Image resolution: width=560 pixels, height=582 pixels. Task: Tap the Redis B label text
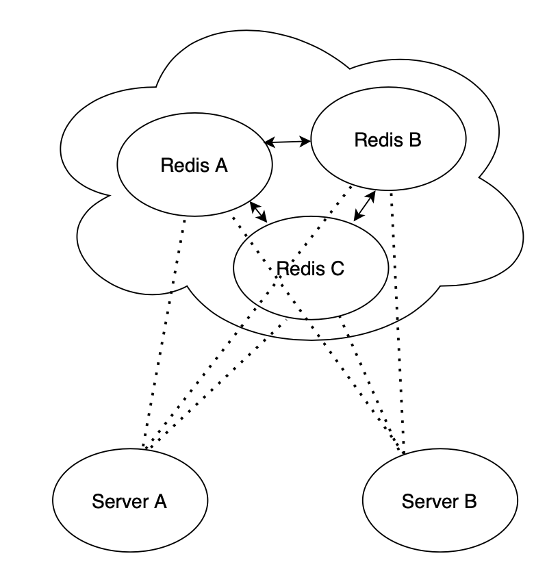tap(388, 140)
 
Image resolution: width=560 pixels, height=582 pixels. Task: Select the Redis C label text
tap(310, 268)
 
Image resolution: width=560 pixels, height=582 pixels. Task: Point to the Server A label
tap(129, 501)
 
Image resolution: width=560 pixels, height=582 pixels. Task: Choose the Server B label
tap(439, 501)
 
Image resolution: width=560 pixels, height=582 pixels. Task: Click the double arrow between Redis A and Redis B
tap(288, 142)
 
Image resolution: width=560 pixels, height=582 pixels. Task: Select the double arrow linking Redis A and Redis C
tap(259, 212)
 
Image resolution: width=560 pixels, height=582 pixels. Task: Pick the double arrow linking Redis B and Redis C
tap(365, 205)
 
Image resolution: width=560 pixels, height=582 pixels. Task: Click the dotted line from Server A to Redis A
tap(166, 329)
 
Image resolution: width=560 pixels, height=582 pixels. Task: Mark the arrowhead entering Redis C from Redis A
tap(264, 219)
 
